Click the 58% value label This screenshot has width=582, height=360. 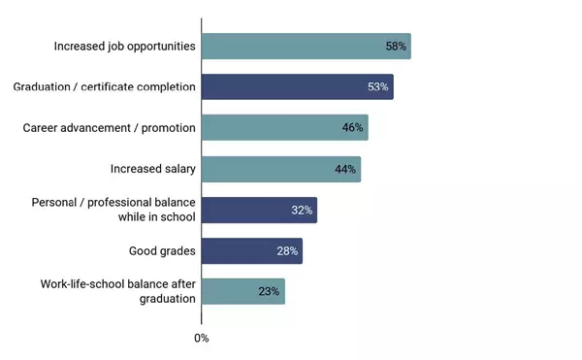pos(396,47)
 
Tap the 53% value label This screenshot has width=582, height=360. pos(377,87)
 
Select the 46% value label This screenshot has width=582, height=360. pos(352,128)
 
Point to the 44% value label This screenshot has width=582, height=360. pos(345,169)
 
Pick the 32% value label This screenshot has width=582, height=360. pos(302,210)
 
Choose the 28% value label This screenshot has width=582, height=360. pos(287,251)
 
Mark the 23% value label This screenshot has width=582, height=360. pos(269,291)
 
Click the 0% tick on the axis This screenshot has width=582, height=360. pos(202,339)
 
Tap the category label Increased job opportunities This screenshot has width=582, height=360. pos(125,47)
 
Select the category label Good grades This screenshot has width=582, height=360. pos(162,251)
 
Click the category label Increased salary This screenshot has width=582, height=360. pos(153,169)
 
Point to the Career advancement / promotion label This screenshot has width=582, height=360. pos(110,128)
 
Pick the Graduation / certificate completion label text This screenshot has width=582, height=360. pos(104,87)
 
